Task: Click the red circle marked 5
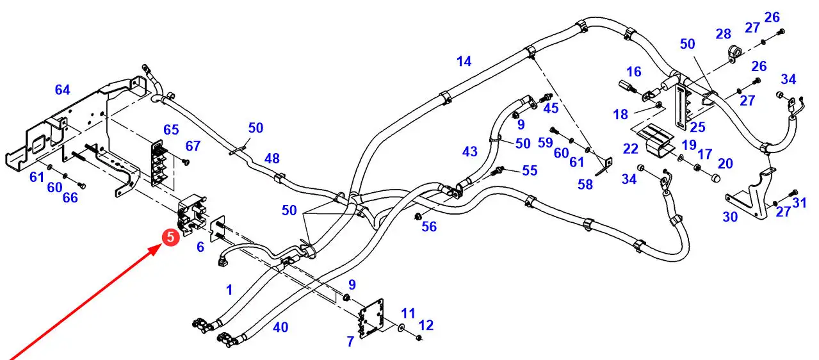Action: tap(170, 238)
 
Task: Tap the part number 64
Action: tap(62, 90)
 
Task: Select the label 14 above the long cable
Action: tap(464, 61)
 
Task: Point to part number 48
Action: tap(272, 158)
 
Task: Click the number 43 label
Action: tap(469, 152)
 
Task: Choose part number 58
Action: tap(585, 184)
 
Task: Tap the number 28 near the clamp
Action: tap(723, 33)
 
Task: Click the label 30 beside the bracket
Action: tap(730, 217)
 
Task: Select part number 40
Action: tap(280, 327)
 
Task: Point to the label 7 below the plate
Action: tap(350, 342)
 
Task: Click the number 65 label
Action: tap(171, 129)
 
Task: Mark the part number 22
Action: tap(630, 148)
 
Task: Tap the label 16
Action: tap(634, 71)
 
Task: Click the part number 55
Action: tap(530, 171)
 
